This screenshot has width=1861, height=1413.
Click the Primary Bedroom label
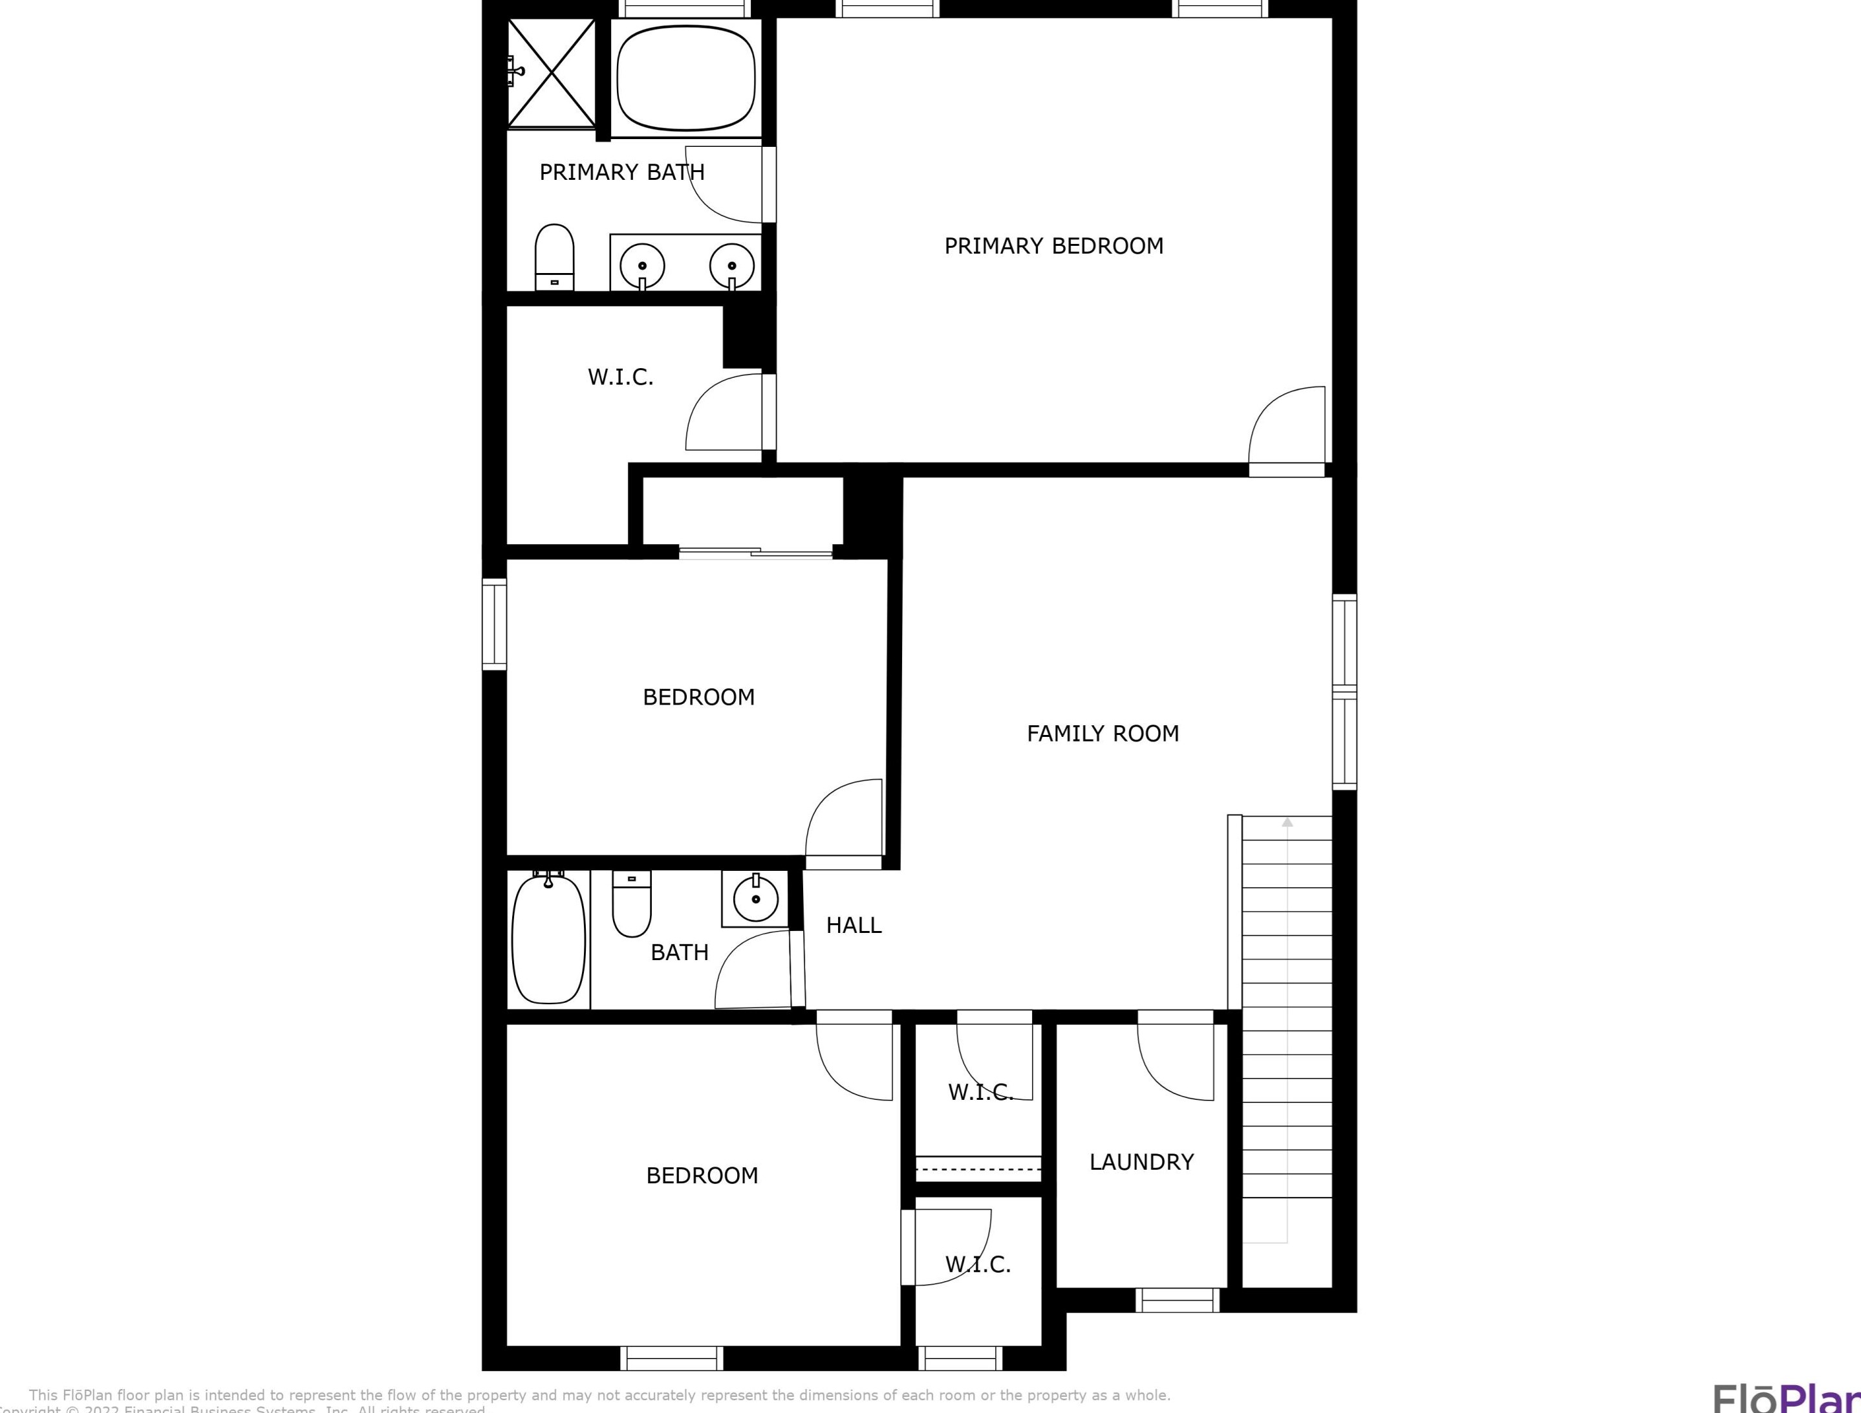(x=1053, y=246)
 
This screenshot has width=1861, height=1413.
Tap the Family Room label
(x=1102, y=734)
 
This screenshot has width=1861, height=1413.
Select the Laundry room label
(x=1141, y=1162)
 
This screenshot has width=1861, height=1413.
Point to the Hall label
(x=853, y=926)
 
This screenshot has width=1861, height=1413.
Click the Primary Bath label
(x=622, y=173)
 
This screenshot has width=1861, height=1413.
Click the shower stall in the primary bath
(x=551, y=74)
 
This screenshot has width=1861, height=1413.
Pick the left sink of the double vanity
(x=642, y=266)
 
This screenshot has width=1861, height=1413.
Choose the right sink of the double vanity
(x=731, y=266)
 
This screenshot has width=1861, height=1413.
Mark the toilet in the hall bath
(x=631, y=904)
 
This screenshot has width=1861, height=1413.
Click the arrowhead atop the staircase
(x=1286, y=822)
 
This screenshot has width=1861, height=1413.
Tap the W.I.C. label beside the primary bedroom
(x=620, y=378)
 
